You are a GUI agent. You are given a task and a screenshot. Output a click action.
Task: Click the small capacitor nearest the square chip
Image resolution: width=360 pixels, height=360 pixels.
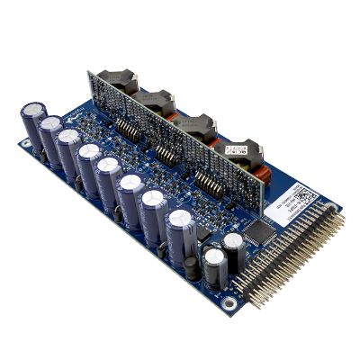pyautogui.click(x=234, y=246)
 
